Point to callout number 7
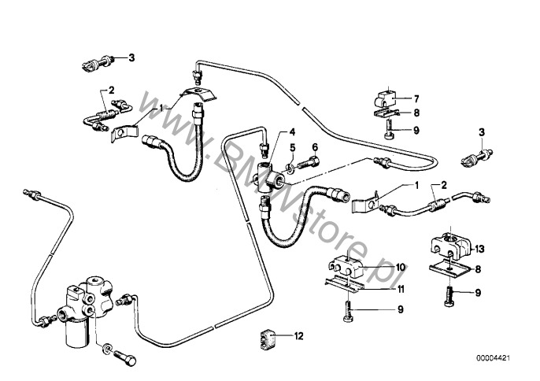(416, 99)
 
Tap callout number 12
(298, 337)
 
